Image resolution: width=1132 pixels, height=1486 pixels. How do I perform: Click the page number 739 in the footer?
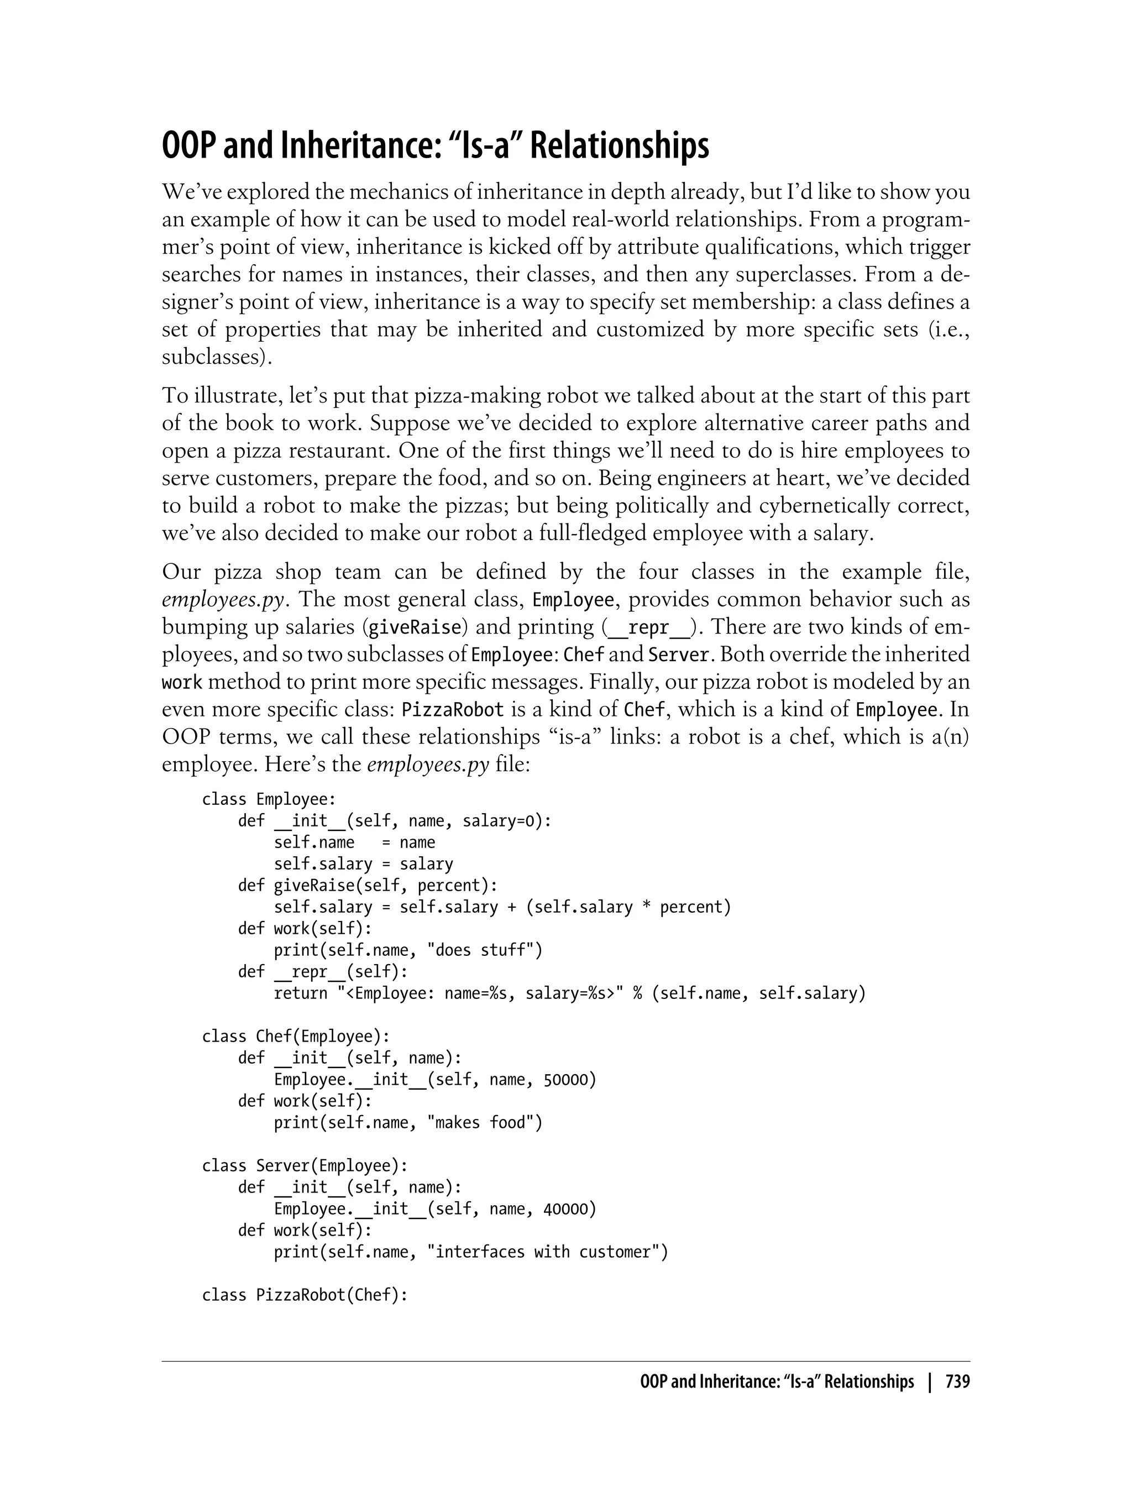[x=957, y=1382]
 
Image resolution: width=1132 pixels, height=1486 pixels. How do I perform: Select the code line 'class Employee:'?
[x=269, y=799]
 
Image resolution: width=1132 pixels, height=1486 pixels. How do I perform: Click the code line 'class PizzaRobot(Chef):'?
[x=305, y=1295]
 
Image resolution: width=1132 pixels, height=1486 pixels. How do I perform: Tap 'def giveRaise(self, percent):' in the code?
[x=367, y=886]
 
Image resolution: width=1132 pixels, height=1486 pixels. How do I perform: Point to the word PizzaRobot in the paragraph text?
[x=453, y=710]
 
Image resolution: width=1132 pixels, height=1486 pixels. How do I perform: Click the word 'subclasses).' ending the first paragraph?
[x=217, y=357]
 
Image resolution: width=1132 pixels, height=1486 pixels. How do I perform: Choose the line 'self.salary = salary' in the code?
[x=363, y=864]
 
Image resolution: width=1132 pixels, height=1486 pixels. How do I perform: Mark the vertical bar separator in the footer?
[x=930, y=1382]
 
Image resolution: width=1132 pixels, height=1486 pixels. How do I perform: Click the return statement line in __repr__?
[x=569, y=993]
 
